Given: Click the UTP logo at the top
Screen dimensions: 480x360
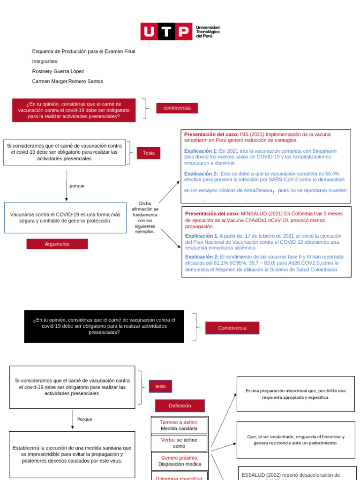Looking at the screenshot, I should [180, 31].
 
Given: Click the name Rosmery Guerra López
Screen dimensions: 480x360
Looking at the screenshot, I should [58, 71].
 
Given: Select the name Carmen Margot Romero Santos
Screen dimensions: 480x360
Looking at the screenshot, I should [67, 81].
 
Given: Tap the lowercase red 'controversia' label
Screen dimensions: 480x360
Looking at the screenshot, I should [177, 108].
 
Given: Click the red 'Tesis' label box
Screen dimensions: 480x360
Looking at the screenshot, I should [149, 153].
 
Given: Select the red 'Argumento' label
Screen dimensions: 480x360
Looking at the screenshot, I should [57, 244].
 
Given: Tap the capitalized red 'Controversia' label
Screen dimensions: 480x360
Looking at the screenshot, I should [232, 328].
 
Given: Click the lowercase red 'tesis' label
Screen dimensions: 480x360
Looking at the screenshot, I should [160, 386].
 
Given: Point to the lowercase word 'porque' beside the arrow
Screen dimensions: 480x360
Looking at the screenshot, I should [77, 186].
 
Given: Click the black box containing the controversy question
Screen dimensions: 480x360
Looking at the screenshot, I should [104, 326].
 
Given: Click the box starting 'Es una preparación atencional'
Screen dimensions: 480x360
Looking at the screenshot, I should [295, 394].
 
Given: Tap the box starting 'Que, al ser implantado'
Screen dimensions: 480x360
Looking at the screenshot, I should [295, 440].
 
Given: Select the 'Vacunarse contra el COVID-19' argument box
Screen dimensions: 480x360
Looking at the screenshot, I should [65, 217].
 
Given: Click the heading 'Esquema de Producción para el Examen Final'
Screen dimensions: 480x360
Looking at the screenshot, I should [83, 52].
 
